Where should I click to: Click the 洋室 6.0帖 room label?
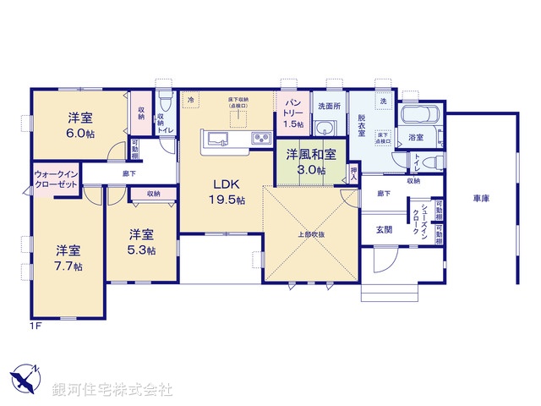click(x=80, y=126)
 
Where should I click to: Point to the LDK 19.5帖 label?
click(x=227, y=191)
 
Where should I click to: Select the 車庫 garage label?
click(x=481, y=198)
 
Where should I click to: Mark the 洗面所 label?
click(x=327, y=107)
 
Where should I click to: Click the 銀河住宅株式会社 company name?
click(x=112, y=388)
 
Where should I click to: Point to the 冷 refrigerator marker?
click(x=192, y=100)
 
